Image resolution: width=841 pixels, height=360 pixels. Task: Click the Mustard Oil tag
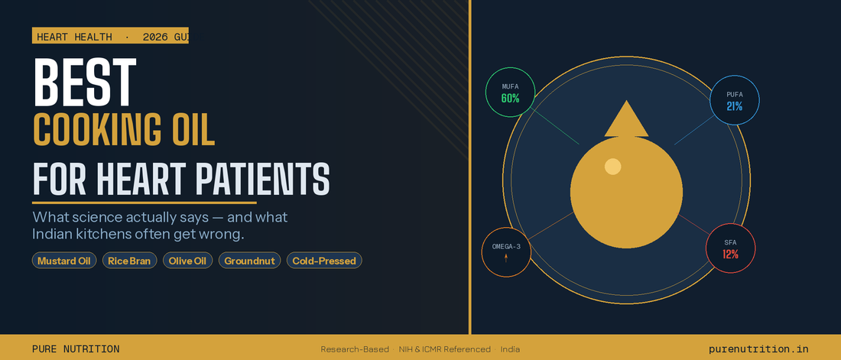pyautogui.click(x=64, y=261)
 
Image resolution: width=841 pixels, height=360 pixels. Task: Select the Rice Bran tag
pyautogui.click(x=130, y=261)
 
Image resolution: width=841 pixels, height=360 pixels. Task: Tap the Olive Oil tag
pyautogui.click(x=188, y=261)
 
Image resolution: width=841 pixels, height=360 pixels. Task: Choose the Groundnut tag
pyautogui.click(x=249, y=261)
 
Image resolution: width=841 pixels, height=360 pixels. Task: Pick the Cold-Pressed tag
pyautogui.click(x=324, y=261)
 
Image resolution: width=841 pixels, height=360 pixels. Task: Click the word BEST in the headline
pyautogui.click(x=85, y=83)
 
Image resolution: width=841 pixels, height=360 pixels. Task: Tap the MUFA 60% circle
pyautogui.click(x=510, y=92)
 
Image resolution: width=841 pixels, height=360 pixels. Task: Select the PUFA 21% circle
pyautogui.click(x=734, y=100)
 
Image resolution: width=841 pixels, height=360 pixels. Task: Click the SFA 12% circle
pyautogui.click(x=730, y=248)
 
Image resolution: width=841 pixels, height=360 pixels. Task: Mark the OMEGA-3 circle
pyautogui.click(x=506, y=252)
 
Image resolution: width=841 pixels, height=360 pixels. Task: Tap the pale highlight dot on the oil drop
pyautogui.click(x=612, y=167)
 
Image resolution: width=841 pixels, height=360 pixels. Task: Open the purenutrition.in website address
pyautogui.click(x=758, y=349)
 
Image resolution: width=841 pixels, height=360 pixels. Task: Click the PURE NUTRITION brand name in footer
pyautogui.click(x=76, y=349)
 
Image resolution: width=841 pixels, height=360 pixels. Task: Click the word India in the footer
pyautogui.click(x=510, y=349)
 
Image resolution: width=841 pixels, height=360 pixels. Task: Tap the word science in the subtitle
pyautogui.click(x=99, y=217)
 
